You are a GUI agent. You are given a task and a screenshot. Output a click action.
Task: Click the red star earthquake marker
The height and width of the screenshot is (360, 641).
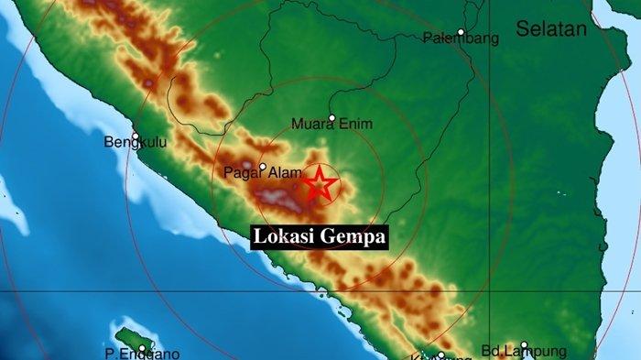click(320, 184)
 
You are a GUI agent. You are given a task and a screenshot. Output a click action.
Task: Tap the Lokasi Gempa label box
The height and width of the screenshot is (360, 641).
click(320, 236)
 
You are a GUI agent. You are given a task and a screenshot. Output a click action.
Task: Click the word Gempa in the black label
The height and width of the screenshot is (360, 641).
click(353, 236)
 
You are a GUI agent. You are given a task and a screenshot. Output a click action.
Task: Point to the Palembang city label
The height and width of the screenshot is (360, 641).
click(461, 38)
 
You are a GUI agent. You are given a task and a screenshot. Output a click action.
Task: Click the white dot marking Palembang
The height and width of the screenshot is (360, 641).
click(461, 32)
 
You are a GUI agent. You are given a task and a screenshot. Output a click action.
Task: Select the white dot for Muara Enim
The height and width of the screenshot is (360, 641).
click(331, 118)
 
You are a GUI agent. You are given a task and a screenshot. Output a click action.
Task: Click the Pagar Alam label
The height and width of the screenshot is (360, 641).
click(241, 172)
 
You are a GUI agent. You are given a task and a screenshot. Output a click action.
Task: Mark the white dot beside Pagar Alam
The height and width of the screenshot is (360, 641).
click(262, 168)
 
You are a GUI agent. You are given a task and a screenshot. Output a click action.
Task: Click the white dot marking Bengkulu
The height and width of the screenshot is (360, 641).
click(135, 137)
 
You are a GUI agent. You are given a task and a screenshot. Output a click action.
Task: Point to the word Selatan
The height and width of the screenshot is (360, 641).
click(550, 29)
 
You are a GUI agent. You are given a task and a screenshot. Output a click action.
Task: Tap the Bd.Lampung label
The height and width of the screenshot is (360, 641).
click(525, 351)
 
